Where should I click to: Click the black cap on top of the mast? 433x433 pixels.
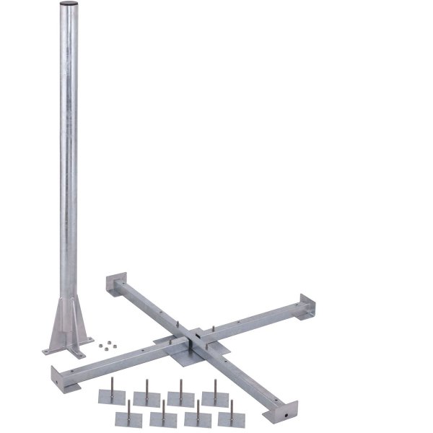click(67, 6)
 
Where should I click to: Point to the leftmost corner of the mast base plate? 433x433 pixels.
click(45, 351)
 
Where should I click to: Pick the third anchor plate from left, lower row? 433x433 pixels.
click(197, 419)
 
